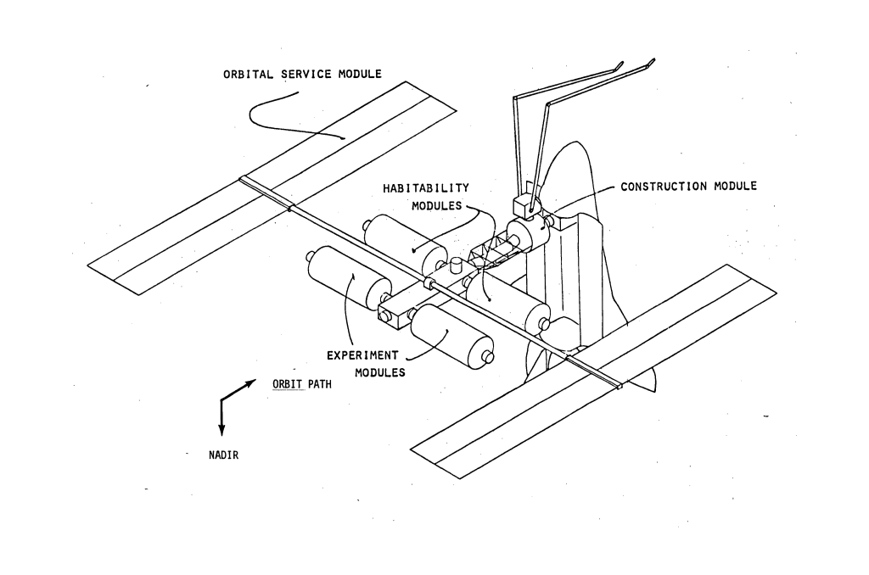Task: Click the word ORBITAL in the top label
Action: point(249,75)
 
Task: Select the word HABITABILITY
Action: point(426,188)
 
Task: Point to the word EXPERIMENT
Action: point(362,355)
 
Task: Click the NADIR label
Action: point(223,455)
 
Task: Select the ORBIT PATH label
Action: point(302,384)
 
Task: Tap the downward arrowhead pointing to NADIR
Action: point(221,430)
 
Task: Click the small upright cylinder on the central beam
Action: point(456,265)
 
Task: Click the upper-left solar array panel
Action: point(272,188)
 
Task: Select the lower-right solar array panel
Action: point(593,371)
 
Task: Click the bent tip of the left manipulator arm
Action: point(619,65)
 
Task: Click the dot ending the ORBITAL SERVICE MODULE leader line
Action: point(343,138)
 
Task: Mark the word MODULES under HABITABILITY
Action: point(436,206)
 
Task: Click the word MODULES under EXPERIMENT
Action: point(380,373)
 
